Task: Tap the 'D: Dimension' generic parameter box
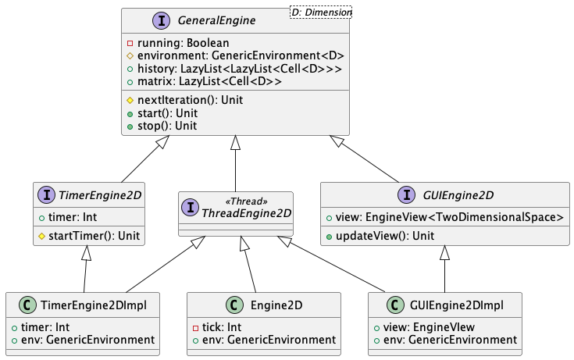(x=320, y=12)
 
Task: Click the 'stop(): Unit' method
(x=167, y=126)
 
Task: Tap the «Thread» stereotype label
(x=248, y=201)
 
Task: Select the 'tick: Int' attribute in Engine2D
(x=223, y=326)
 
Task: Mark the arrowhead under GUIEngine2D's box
(x=445, y=252)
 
